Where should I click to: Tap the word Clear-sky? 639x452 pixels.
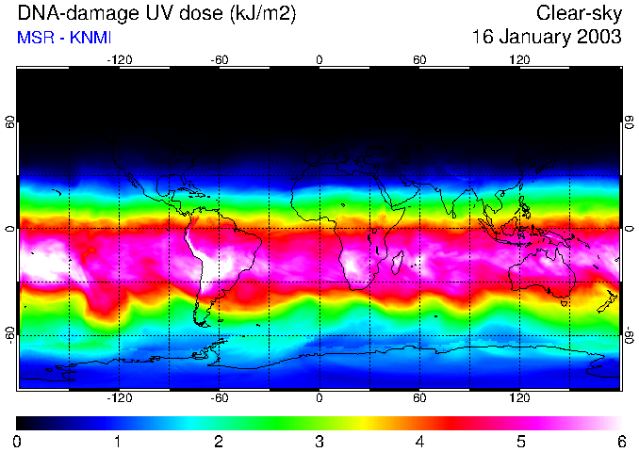(x=580, y=13)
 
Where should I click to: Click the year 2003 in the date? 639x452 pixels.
(x=598, y=38)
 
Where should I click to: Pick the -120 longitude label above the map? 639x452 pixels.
(x=119, y=59)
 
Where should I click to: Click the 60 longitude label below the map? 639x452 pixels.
(x=419, y=398)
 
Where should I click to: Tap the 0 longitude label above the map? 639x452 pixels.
(x=319, y=59)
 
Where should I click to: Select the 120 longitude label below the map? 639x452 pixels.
(x=519, y=398)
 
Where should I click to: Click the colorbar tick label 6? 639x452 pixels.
(x=620, y=441)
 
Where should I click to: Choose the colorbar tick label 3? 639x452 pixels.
(x=319, y=441)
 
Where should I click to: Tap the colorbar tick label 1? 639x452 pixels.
(x=117, y=441)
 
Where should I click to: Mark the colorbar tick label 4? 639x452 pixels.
(x=419, y=441)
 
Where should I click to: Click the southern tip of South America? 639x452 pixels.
(x=203, y=322)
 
